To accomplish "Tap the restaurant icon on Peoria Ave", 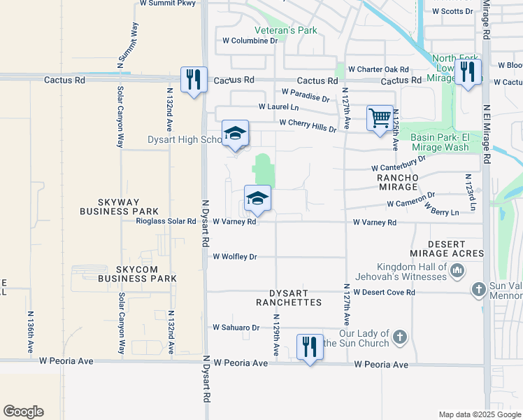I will (x=310, y=346).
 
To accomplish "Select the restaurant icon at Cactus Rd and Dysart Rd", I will (x=193, y=78).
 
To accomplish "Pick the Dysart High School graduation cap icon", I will (x=236, y=133).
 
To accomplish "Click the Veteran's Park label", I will (x=285, y=30).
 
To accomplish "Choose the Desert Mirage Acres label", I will (x=446, y=248).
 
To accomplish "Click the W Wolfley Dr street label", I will (x=235, y=257).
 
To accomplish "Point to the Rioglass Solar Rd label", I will (x=166, y=222).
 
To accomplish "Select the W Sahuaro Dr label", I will (x=236, y=327).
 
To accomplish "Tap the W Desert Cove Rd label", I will (x=385, y=292).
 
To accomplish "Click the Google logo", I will (x=23, y=412).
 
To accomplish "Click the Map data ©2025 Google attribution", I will (x=479, y=414).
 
